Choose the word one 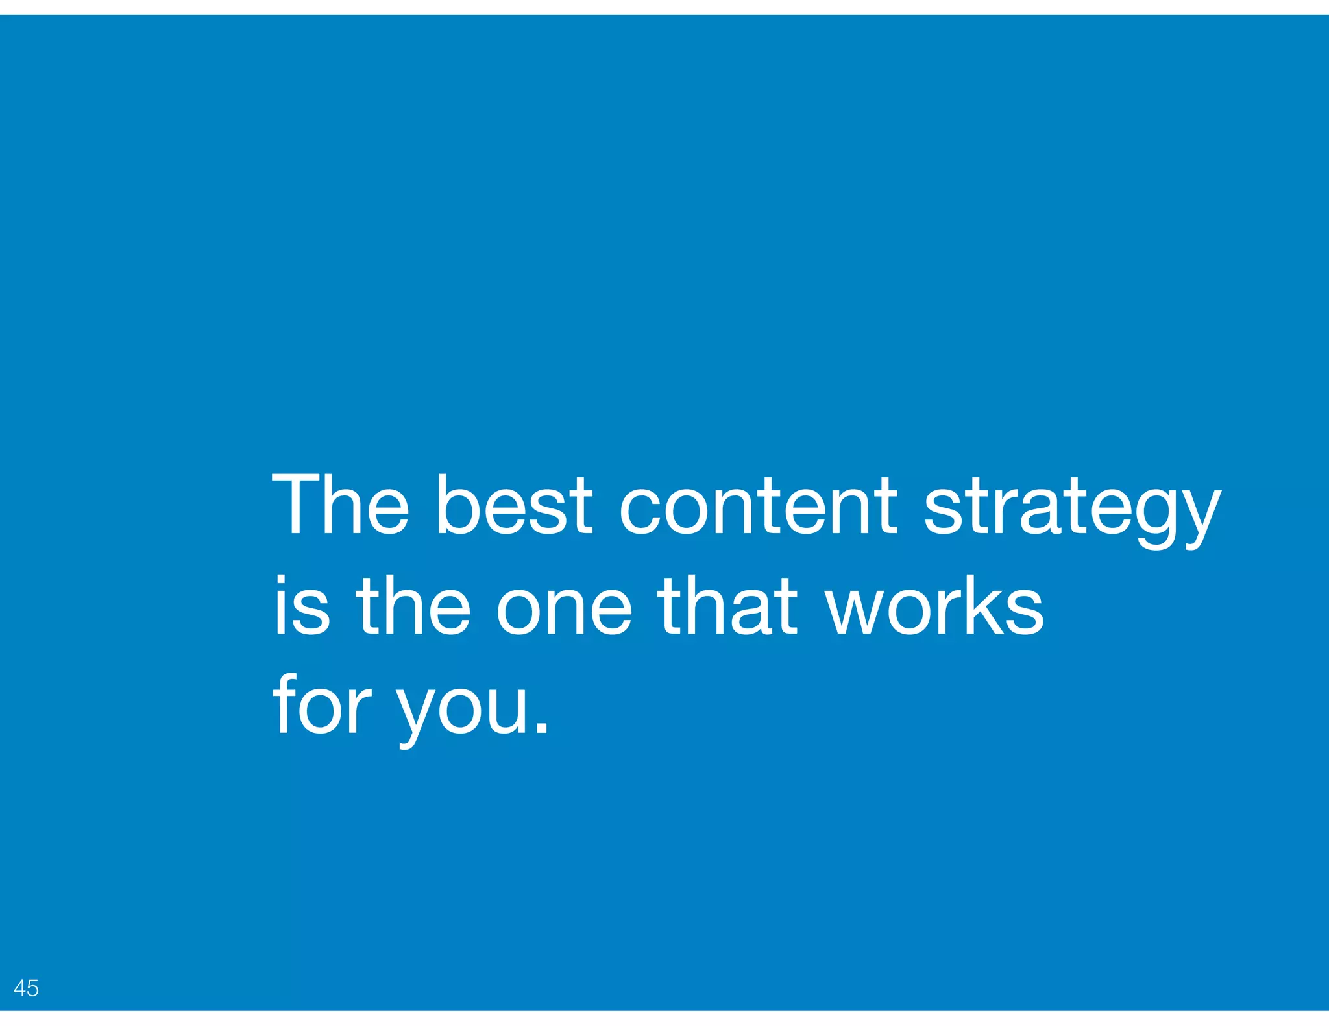pos(564,613)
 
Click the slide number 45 pos(26,988)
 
